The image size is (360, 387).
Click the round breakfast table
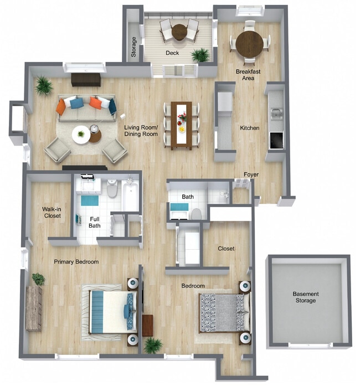pyautogui.click(x=249, y=44)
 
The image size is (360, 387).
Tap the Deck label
pyautogui.click(x=172, y=53)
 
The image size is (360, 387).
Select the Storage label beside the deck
pyautogui.click(x=133, y=47)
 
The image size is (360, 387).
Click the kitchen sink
pyautogui.click(x=276, y=113)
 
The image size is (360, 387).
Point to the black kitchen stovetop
pyautogui.click(x=276, y=141)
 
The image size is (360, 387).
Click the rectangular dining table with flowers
pyautogui.click(x=182, y=126)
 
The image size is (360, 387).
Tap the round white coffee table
pyautogui.click(x=81, y=135)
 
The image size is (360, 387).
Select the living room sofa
pyautogui.click(x=87, y=108)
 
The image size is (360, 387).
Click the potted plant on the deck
pyautogui.click(x=201, y=55)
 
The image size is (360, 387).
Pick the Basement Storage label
pyautogui.click(x=305, y=297)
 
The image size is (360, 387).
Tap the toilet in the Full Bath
pyautogui.click(x=112, y=188)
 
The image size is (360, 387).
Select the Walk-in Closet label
pyautogui.click(x=52, y=212)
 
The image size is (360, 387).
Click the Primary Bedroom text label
pyautogui.click(x=76, y=262)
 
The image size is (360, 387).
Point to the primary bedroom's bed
pyautogui.click(x=113, y=312)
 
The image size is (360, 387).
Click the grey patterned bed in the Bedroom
pyautogui.click(x=224, y=312)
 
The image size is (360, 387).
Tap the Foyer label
pyautogui.click(x=251, y=174)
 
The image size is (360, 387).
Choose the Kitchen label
pyautogui.click(x=250, y=128)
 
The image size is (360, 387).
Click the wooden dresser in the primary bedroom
pyautogui.click(x=34, y=308)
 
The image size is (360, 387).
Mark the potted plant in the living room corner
pyautogui.click(x=44, y=85)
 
